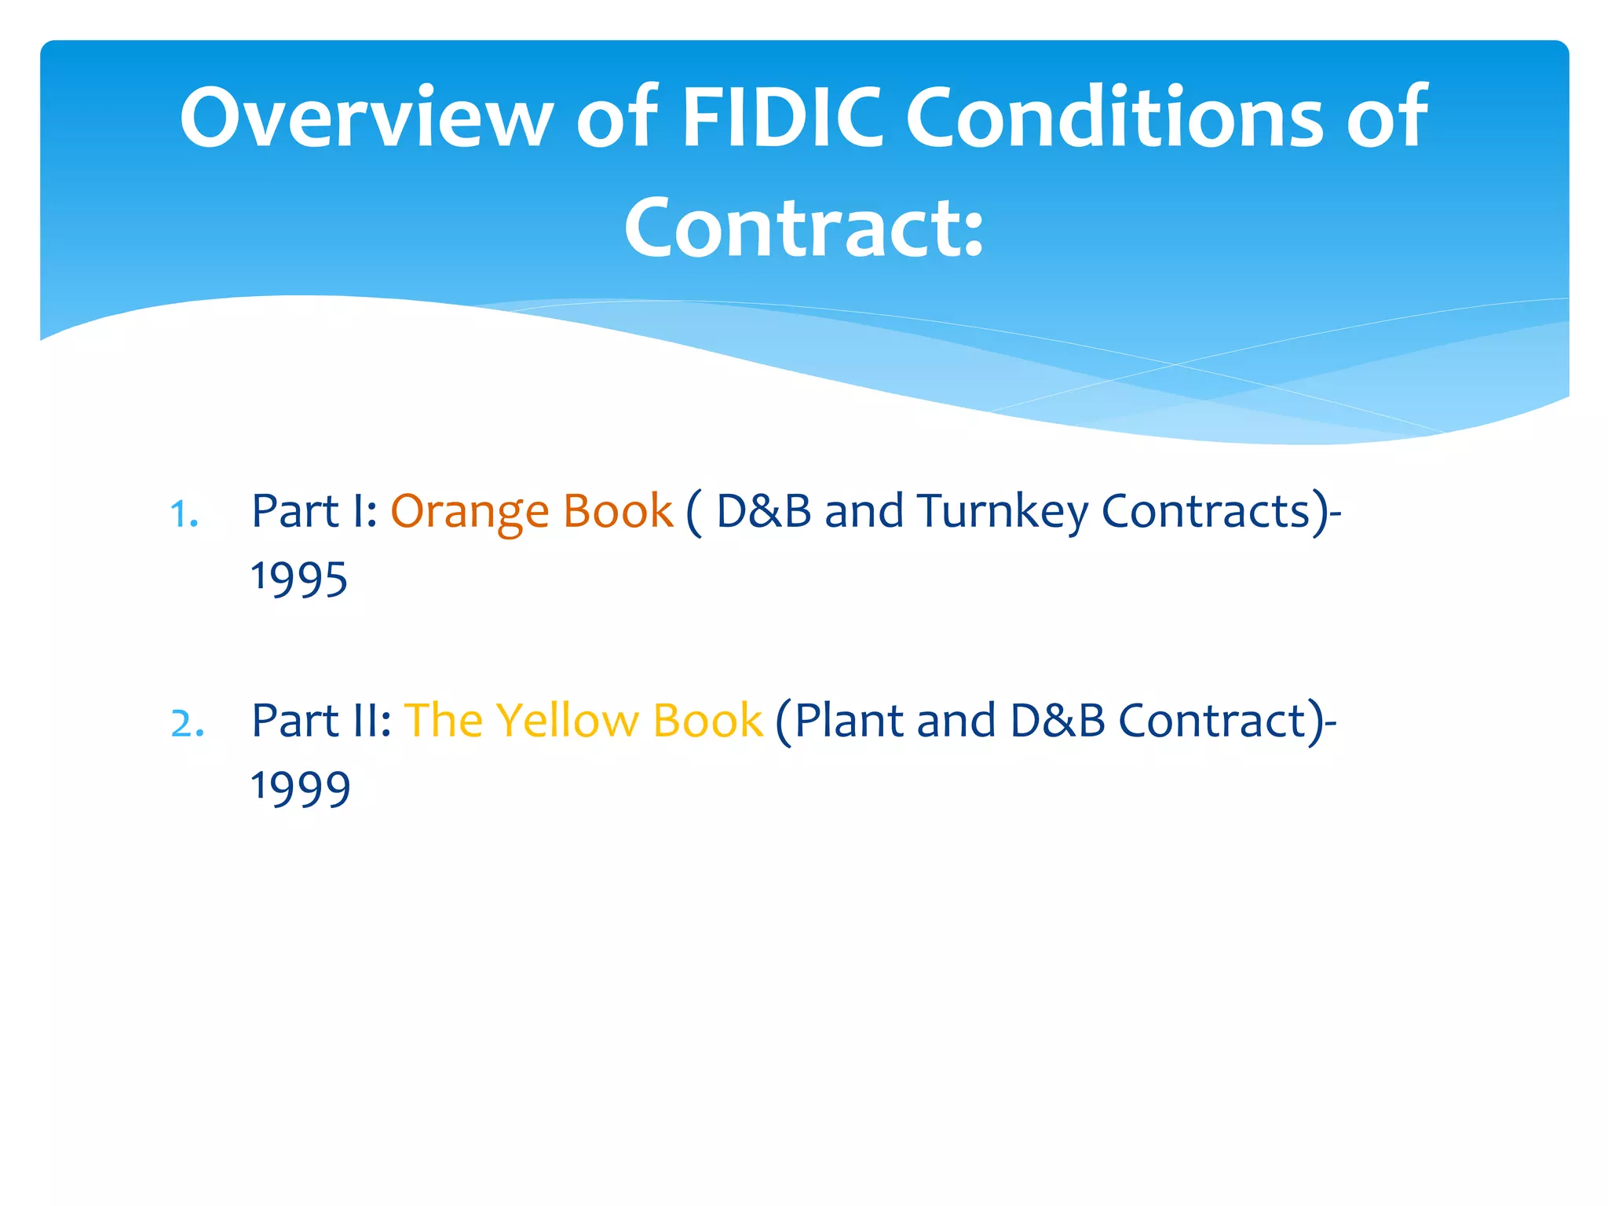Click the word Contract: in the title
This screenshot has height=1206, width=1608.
point(803,228)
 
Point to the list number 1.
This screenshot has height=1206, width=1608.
point(184,515)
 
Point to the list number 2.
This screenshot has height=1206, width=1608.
point(188,724)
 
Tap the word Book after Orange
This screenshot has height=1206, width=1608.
point(618,512)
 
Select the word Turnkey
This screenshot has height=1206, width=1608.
point(1002,512)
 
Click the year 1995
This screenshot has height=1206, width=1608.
point(299,579)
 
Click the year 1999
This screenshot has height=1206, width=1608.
point(301,788)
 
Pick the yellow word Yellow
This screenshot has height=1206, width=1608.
point(567,721)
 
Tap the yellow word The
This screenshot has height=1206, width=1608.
point(443,721)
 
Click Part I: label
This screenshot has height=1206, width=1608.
point(314,512)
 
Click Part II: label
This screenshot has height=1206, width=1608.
point(321,721)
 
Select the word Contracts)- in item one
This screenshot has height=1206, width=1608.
point(1221,512)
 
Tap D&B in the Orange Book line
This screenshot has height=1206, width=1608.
point(763,512)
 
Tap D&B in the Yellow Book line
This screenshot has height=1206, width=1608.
point(1058,721)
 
